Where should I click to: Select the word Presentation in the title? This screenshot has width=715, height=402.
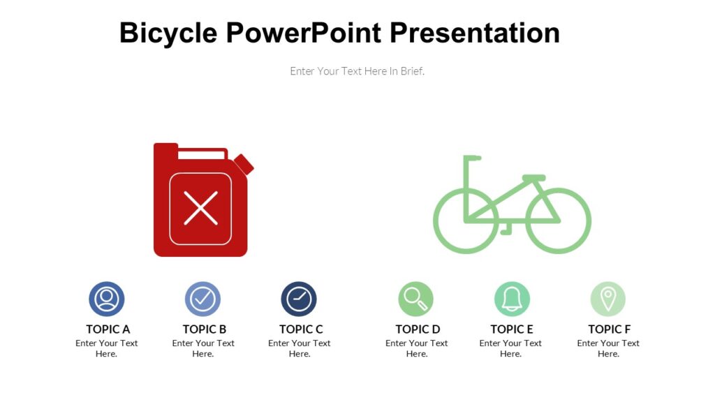click(x=474, y=33)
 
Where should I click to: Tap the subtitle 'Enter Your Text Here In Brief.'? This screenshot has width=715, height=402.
click(x=357, y=71)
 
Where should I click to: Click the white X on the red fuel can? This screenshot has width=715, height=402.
click(x=200, y=209)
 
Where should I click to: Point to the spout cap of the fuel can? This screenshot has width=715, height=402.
click(x=244, y=164)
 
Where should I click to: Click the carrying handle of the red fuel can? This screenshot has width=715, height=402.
click(x=202, y=152)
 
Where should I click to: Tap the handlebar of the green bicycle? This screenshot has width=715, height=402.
click(x=471, y=158)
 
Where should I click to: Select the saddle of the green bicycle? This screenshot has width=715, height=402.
click(x=533, y=178)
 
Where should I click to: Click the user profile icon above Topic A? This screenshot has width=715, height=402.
click(x=107, y=299)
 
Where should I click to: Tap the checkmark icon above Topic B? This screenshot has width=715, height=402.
click(x=202, y=299)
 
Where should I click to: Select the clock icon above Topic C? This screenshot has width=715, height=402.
click(x=299, y=299)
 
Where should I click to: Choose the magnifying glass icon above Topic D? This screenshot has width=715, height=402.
click(x=416, y=299)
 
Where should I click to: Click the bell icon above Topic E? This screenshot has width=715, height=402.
click(x=512, y=299)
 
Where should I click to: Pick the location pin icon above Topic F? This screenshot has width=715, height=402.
click(x=608, y=299)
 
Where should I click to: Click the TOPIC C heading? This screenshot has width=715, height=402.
click(x=301, y=329)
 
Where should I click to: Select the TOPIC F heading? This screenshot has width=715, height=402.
click(x=609, y=329)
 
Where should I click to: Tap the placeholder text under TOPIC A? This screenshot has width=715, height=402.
click(x=107, y=348)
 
